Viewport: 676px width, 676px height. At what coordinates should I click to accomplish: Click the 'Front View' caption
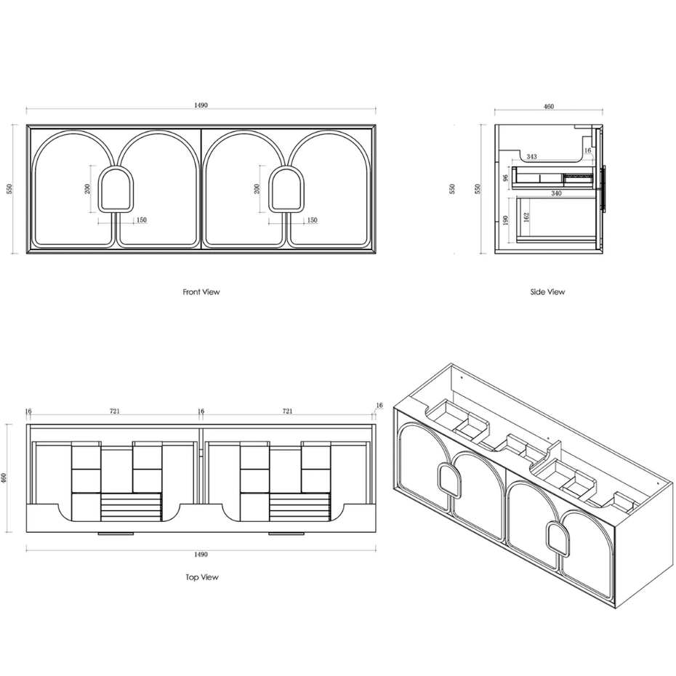tap(201, 292)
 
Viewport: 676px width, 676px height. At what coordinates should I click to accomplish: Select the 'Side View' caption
tap(547, 292)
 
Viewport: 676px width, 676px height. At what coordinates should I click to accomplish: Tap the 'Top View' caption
tap(202, 577)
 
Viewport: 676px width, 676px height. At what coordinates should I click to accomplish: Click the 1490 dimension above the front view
tap(201, 105)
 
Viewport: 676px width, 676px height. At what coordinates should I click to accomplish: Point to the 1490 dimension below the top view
tap(201, 555)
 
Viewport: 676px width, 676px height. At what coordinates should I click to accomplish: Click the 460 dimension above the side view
tap(548, 106)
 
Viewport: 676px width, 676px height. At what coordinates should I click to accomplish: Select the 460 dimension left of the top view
tap(4, 478)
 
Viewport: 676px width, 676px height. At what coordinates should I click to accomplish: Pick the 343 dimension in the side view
tap(531, 156)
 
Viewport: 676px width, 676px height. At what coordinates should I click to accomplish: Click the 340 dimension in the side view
tap(556, 193)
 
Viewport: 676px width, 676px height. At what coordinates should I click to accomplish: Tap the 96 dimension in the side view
tap(506, 177)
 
